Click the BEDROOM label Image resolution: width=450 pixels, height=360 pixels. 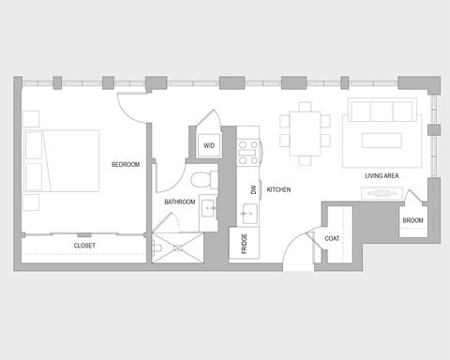tap(125, 165)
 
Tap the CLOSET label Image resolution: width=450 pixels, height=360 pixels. tap(84, 246)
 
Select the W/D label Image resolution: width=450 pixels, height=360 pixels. tap(208, 145)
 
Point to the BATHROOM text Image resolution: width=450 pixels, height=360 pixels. tap(179, 202)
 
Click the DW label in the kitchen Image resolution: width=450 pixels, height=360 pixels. tap(253, 189)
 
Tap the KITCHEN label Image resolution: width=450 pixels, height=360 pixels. tap(278, 189)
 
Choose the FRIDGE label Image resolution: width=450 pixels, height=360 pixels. tap(244, 245)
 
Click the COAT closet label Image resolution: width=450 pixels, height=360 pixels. tap(333, 239)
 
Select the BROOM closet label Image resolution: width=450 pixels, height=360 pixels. tap(412, 221)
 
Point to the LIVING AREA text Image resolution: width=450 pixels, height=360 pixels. tap(383, 175)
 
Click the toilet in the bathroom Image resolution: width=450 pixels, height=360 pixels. tap(201, 179)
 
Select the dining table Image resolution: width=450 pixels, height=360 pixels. tap(305, 131)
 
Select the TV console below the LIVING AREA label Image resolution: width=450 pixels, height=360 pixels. tap(383, 193)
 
